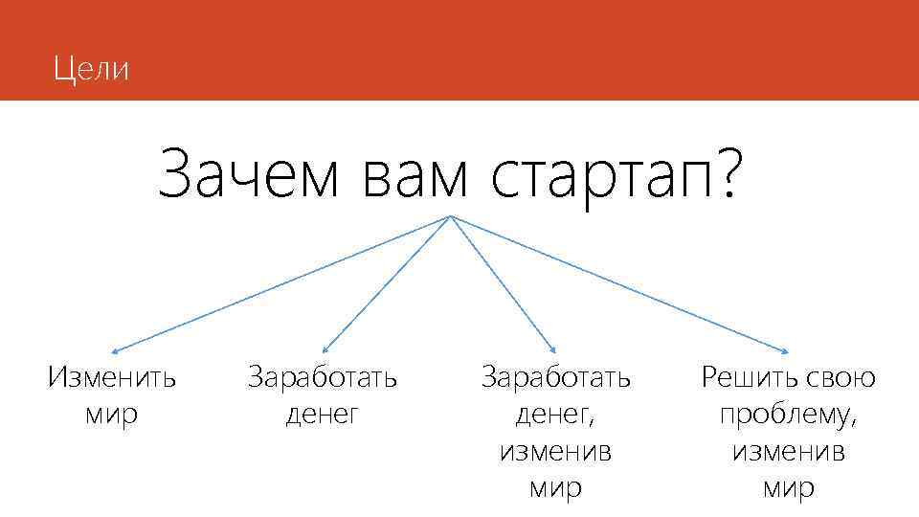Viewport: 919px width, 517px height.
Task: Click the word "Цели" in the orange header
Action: pyautogui.click(x=91, y=69)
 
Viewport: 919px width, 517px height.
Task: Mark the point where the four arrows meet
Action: pyautogui.click(x=450, y=216)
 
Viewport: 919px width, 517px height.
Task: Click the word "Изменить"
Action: pyautogui.click(x=111, y=377)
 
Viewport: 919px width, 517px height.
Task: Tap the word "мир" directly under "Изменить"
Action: pyautogui.click(x=111, y=415)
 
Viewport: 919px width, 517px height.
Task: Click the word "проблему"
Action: pyautogui.click(x=788, y=415)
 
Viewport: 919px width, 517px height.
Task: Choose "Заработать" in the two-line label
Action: pyautogui.click(x=322, y=377)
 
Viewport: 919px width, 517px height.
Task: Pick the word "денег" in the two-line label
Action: pyautogui.click(x=322, y=415)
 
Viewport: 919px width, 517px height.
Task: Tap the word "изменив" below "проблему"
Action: pyautogui.click(x=788, y=451)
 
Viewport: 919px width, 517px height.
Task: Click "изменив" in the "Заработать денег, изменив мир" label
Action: pyautogui.click(x=555, y=451)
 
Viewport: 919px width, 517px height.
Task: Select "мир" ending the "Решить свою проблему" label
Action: pyautogui.click(x=788, y=488)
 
